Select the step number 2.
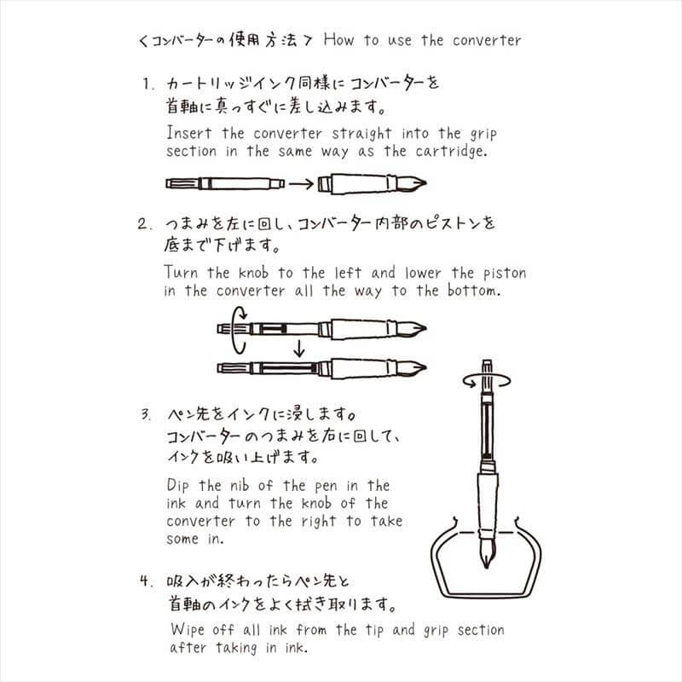[x=146, y=225]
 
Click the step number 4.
[x=146, y=582]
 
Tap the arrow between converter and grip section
[x=300, y=183]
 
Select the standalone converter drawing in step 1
[x=223, y=183]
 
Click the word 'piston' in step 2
[x=500, y=274]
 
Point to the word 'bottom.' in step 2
[x=472, y=291]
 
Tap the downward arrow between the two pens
[x=298, y=347]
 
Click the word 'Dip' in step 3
[x=181, y=486]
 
